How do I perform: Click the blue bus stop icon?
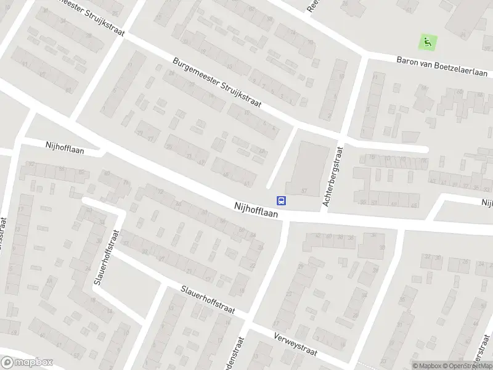(281, 200)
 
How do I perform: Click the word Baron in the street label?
(409, 62)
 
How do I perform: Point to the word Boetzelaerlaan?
(454, 64)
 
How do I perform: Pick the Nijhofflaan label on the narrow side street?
(65, 147)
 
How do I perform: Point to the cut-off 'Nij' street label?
(487, 202)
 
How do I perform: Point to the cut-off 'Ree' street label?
(312, 6)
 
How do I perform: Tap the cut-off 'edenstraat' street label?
(239, 354)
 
